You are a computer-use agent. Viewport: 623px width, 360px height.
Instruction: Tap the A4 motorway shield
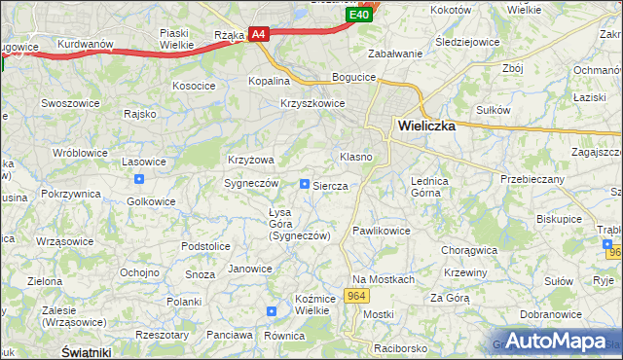[x=258, y=34]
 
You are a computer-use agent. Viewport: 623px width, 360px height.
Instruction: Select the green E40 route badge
[x=358, y=15]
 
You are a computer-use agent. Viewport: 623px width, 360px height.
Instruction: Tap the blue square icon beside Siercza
[x=305, y=183]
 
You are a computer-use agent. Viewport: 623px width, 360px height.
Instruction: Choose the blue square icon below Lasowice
[x=139, y=179]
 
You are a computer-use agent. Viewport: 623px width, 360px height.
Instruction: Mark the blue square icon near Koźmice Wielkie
[x=272, y=311]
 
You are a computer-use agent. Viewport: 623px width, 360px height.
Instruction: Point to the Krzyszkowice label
[x=312, y=103]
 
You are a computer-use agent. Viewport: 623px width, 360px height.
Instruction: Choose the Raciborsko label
[x=399, y=347]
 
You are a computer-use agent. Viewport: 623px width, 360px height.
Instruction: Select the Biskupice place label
[x=559, y=219]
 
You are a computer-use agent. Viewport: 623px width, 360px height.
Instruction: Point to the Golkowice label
[x=152, y=201]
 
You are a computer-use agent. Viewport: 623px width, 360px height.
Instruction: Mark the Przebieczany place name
[x=532, y=179]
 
